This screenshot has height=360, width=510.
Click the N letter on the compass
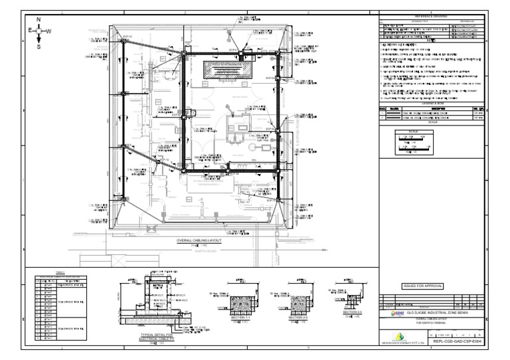click(x=39, y=20)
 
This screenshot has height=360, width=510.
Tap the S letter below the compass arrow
click(x=39, y=47)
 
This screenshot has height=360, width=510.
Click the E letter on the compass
click(x=29, y=31)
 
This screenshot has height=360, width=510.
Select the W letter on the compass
click(x=48, y=31)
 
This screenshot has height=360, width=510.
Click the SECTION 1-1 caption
click(x=241, y=319)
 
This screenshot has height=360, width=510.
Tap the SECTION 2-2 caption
click(x=297, y=318)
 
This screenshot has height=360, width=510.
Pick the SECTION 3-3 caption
click(x=349, y=312)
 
